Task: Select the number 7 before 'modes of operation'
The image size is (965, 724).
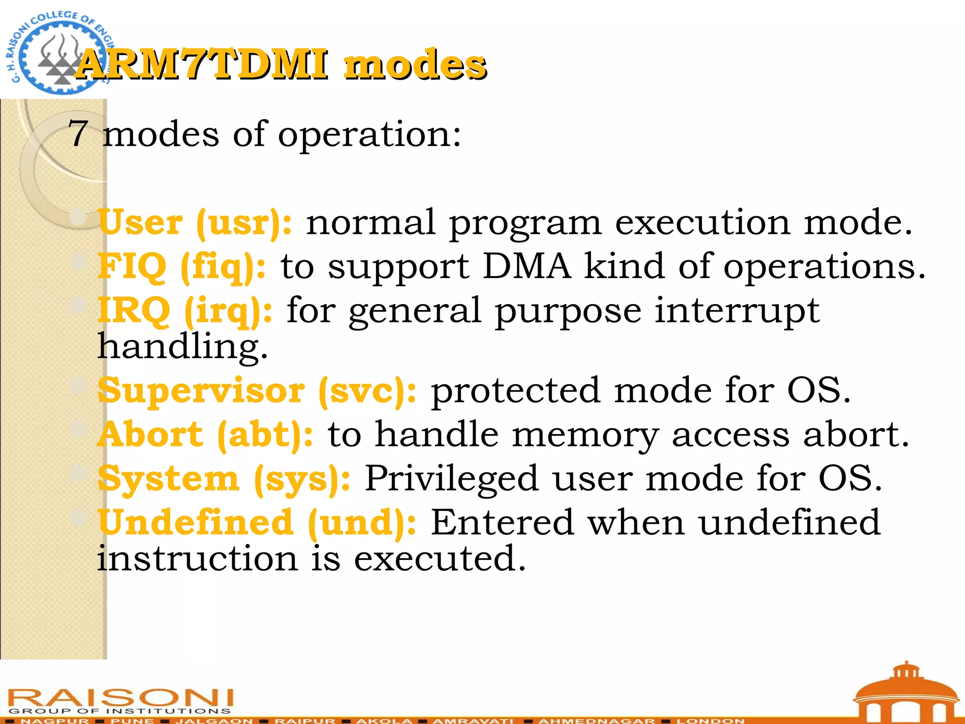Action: point(78,134)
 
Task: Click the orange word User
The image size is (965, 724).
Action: point(140,222)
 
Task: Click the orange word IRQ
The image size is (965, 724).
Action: point(134,311)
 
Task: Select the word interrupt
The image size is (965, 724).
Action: point(737,311)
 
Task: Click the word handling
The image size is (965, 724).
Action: point(182,346)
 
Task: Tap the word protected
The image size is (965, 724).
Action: point(516,391)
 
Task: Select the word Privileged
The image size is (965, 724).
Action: point(451,478)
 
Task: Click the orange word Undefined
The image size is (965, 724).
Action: point(196,522)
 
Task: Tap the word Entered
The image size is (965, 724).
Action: point(502,522)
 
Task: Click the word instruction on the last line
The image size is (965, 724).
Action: point(197,559)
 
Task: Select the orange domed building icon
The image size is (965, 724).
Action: point(906,693)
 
